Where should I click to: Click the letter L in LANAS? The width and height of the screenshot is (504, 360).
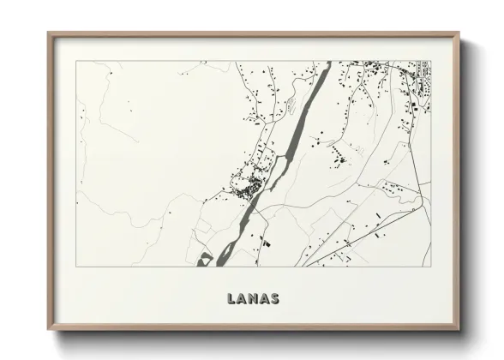(231, 299)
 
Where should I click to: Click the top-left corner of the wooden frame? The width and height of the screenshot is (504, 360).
(48, 33)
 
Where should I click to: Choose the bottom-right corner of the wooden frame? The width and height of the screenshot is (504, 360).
(459, 331)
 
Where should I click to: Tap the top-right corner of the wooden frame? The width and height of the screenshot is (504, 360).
(459, 33)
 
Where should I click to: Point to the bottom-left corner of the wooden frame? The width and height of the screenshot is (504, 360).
(48, 331)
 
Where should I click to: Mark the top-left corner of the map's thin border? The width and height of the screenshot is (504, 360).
(76, 61)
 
